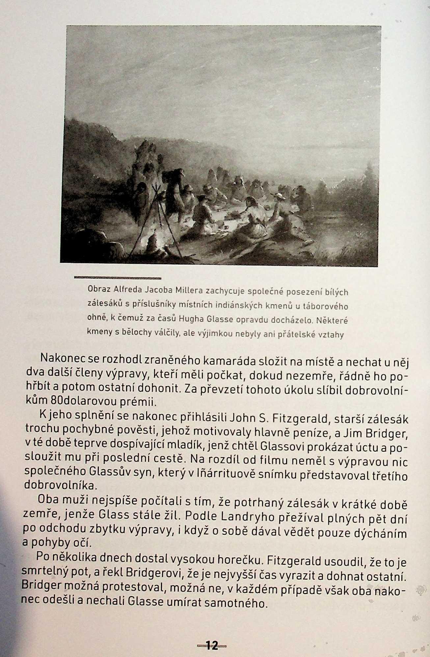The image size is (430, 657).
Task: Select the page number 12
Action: [x=212, y=645]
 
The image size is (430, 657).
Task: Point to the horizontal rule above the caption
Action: [x=118, y=278]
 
